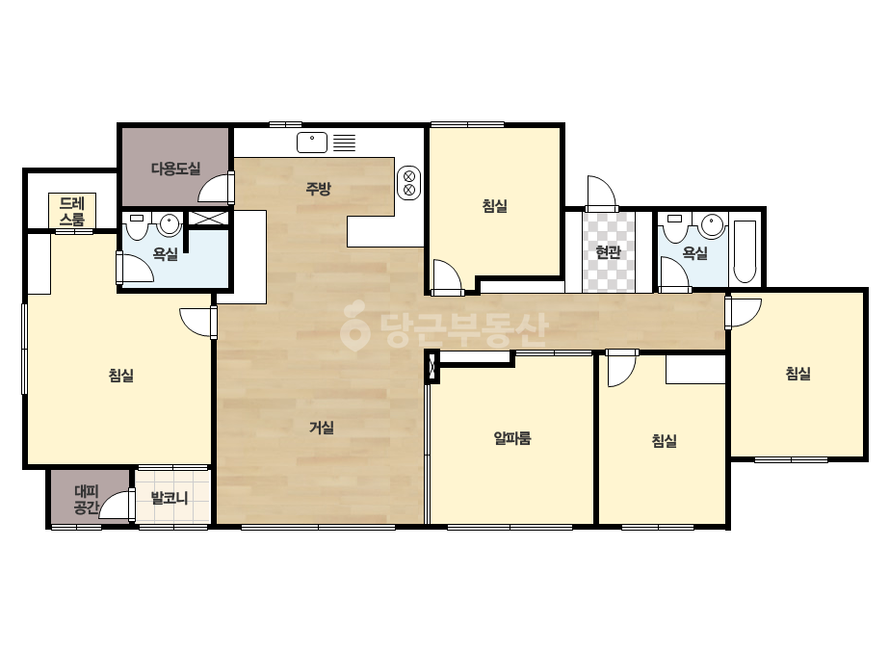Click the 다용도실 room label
coord(175,169)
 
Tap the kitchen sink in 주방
coord(312,143)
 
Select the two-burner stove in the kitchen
coord(408,183)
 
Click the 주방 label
coord(318,188)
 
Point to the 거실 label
coord(322,428)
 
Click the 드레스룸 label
coord(72,211)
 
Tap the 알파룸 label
coord(512,438)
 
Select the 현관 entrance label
coord(609,251)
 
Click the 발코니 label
coord(169,499)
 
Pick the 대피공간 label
coord(87,499)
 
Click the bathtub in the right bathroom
coord(745,251)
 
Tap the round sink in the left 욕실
coord(169,224)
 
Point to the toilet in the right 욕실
coord(674,228)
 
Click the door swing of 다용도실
coord(215,188)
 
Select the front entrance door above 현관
coord(602,193)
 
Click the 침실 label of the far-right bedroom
coord(797,373)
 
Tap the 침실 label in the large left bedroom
coord(120,375)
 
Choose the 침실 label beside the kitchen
coord(494,206)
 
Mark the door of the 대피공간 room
coord(116,504)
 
